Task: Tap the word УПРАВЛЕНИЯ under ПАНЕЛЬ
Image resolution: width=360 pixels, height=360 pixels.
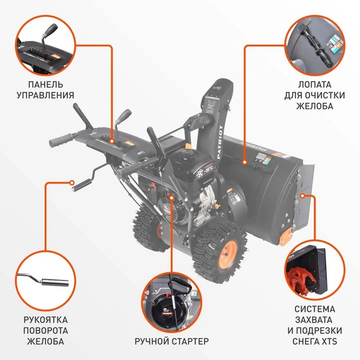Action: coord(49,96)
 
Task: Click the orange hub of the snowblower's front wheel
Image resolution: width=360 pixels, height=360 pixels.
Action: coord(230,249)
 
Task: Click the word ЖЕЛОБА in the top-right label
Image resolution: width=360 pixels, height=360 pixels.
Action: coord(310,105)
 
